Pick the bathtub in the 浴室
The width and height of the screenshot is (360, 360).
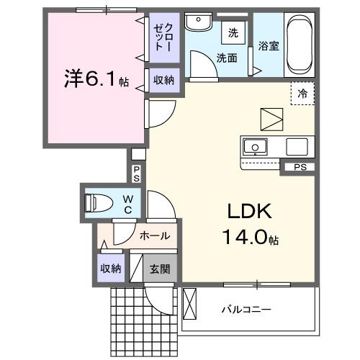coord(298,44)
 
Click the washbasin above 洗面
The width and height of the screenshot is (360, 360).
coord(195,23)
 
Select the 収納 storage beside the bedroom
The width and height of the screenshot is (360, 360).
coord(163,81)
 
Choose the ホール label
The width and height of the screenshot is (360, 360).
coord(154,235)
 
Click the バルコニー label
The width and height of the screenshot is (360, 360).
coord(246,310)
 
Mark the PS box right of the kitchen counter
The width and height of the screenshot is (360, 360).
coord(299,168)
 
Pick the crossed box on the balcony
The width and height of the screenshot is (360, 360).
coord(189,303)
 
